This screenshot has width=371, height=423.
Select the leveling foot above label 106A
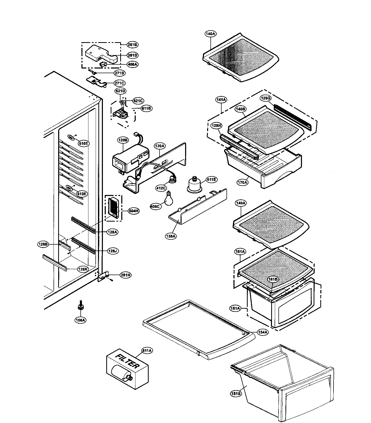pos(80,306)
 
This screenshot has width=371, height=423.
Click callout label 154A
pos(262,333)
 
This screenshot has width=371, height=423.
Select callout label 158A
pos(171,236)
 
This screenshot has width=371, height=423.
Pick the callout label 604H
pos(134,211)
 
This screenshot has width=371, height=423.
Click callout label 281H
pos(125,275)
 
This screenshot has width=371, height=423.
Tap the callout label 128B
pos(43,244)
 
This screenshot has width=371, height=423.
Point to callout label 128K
pos(83,269)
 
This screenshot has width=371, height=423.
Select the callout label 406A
pos(132,64)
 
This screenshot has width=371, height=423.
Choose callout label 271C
pos(119,83)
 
